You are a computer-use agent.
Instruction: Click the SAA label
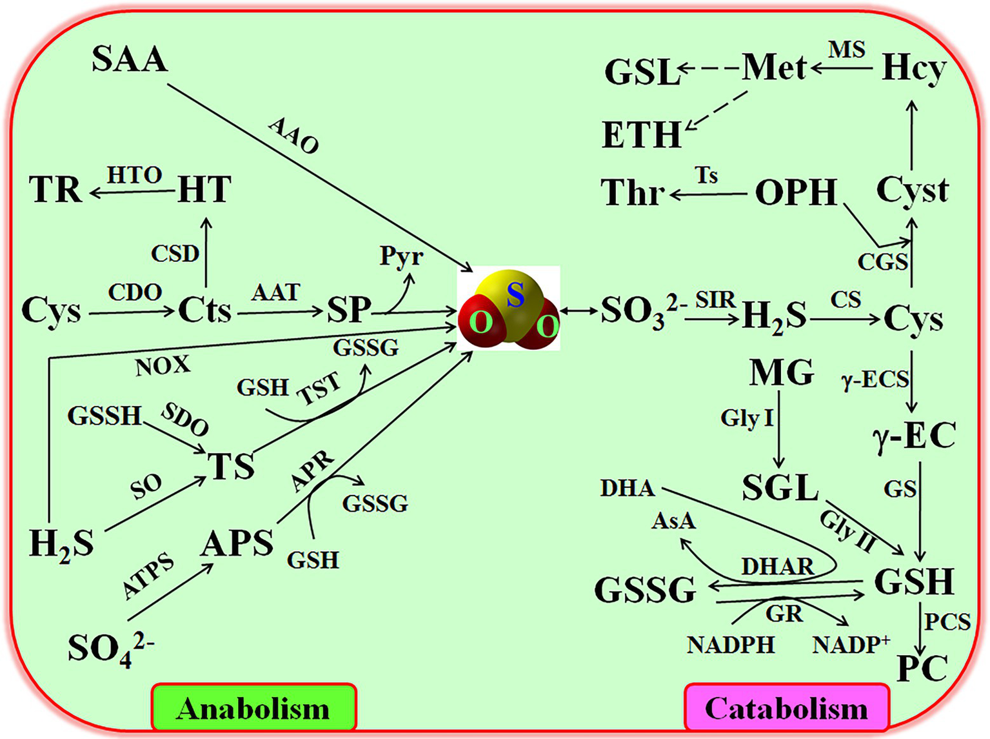(x=130, y=59)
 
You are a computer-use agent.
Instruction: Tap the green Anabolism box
(x=253, y=708)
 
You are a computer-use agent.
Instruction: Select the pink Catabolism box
(x=786, y=708)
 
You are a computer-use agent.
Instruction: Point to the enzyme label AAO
(x=294, y=136)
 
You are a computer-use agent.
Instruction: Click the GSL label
(x=642, y=72)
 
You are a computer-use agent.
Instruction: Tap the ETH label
(x=641, y=135)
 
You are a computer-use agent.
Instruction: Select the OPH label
(x=796, y=192)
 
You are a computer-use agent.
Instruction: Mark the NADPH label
(x=731, y=645)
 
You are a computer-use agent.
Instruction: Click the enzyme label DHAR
(x=777, y=567)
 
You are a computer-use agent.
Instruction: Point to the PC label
(x=922, y=669)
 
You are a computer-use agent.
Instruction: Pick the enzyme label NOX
(x=163, y=366)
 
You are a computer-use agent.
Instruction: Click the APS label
(x=237, y=544)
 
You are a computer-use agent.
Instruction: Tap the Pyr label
(x=401, y=256)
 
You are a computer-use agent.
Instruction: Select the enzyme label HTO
(x=134, y=175)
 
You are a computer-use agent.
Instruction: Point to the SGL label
(x=780, y=488)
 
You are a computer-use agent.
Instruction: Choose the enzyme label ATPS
(x=148, y=576)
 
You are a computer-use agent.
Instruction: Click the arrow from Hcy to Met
(x=842, y=67)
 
